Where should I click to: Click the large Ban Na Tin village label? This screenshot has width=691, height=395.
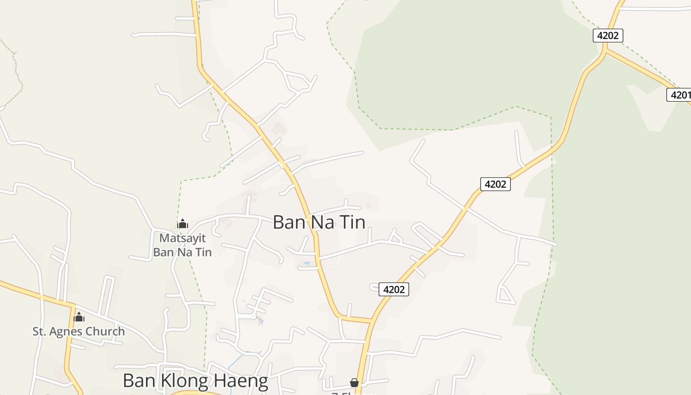[x=319, y=222]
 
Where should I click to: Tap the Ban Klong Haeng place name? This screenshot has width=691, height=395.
[x=195, y=381]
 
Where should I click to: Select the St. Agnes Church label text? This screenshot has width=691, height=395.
[x=78, y=331]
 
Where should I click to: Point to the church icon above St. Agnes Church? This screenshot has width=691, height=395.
[x=79, y=317]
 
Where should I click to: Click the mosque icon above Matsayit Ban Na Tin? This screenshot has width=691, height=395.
[x=183, y=224]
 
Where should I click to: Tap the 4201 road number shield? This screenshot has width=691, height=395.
[x=680, y=94]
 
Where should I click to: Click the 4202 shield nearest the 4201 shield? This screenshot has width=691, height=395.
[x=608, y=36]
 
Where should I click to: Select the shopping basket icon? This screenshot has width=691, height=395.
[x=354, y=383]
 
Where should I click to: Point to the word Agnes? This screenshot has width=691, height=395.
[x=63, y=331]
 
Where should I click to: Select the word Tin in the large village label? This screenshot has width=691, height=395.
[x=352, y=222]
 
